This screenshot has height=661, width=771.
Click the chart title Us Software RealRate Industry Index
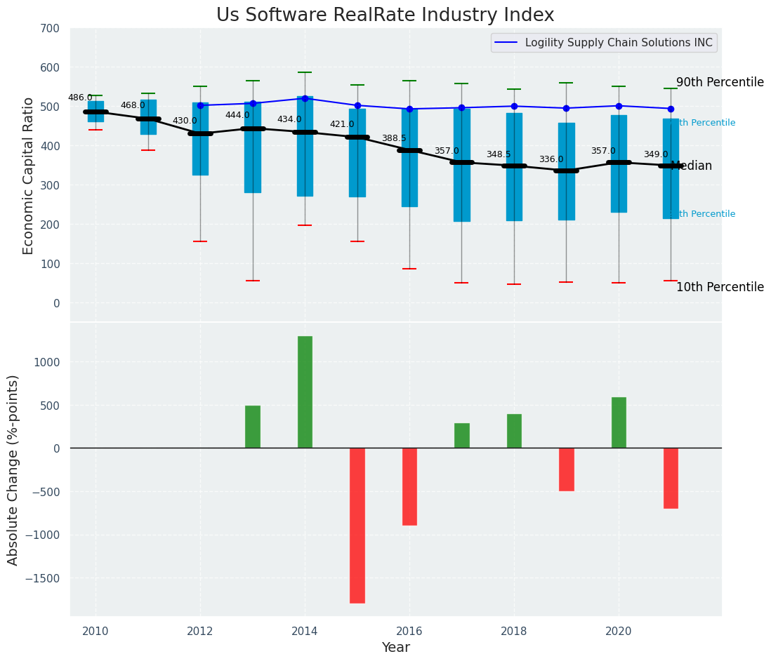click(x=385, y=15)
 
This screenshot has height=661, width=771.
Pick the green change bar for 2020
click(x=619, y=422)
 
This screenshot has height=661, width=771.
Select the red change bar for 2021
click(x=671, y=478)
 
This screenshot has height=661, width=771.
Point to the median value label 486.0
click(x=80, y=98)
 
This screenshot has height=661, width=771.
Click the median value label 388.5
click(x=394, y=139)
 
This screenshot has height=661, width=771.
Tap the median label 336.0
click(x=551, y=160)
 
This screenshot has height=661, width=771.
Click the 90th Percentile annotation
click(x=720, y=82)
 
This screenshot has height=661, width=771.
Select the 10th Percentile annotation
click(x=720, y=287)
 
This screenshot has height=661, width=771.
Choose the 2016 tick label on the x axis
click(x=409, y=631)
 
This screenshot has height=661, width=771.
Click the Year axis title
click(x=396, y=647)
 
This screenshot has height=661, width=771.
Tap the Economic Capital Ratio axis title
click(x=29, y=175)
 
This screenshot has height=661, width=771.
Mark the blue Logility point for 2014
click(x=305, y=98)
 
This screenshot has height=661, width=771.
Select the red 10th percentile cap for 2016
click(x=409, y=269)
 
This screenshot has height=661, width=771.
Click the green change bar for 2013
click(x=253, y=427)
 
